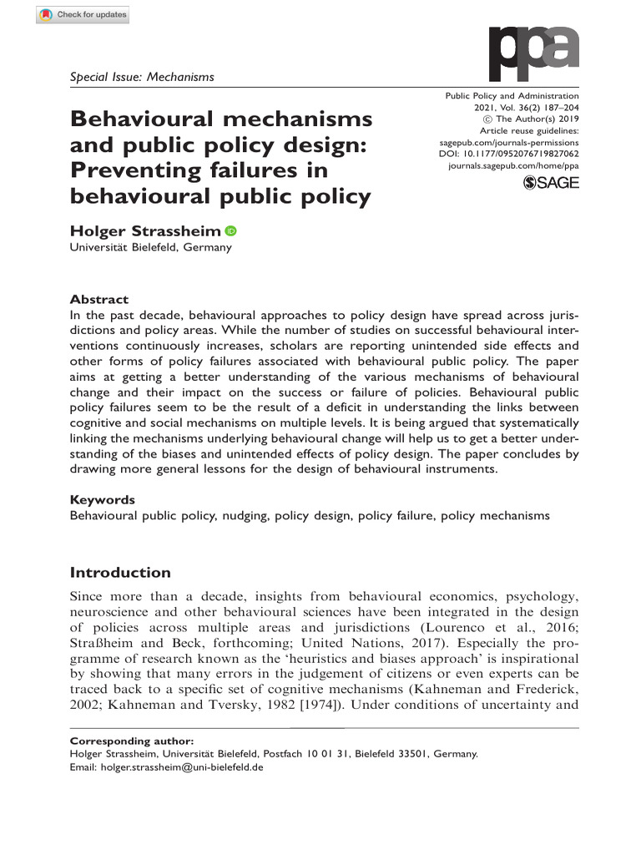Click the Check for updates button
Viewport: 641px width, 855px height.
pos(84,16)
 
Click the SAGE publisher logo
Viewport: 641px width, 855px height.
pos(550,183)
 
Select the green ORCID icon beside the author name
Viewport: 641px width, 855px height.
pos(230,230)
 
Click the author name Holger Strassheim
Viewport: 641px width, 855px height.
pos(145,230)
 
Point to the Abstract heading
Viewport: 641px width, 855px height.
pos(99,299)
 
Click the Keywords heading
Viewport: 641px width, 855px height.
pos(102,499)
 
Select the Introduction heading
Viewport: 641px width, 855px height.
pos(120,573)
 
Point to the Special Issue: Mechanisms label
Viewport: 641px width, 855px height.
pos(142,77)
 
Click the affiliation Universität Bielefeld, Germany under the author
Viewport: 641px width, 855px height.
pos(150,248)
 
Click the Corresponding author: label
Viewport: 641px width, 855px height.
pos(132,741)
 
